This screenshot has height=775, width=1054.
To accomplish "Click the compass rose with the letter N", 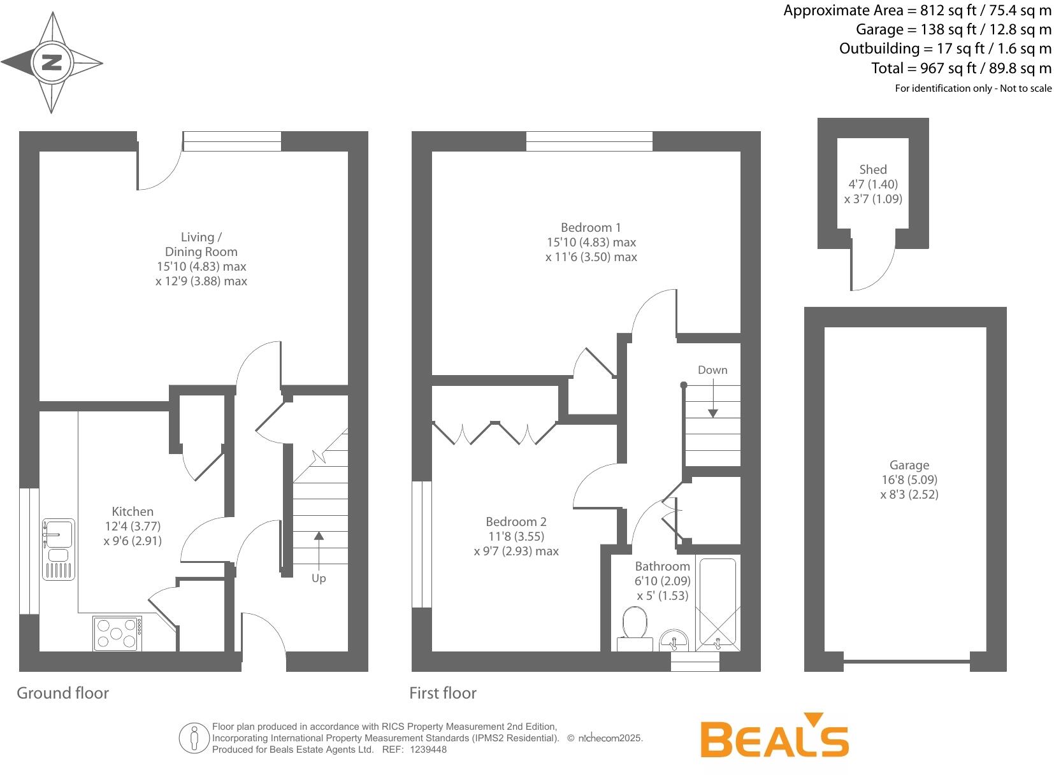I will click(52, 62).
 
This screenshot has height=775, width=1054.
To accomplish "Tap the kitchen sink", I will click(58, 549).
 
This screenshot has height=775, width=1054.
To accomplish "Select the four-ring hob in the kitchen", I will click(117, 633).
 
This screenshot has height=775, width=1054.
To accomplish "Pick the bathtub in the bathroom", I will click(718, 603).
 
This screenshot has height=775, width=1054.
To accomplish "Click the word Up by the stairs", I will click(319, 578).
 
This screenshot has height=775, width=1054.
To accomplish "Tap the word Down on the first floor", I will click(712, 370).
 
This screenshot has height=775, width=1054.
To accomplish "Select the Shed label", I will click(873, 169).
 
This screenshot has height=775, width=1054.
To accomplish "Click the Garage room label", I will click(909, 466).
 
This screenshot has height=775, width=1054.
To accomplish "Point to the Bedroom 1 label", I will click(591, 227).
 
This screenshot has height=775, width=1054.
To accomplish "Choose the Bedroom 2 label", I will click(516, 522).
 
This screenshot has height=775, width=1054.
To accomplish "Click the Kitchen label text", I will click(133, 511).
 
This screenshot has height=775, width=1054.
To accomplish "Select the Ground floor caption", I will click(63, 693).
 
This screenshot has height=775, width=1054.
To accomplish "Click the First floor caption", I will click(443, 693).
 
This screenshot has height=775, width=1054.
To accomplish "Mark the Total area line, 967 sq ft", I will click(962, 68).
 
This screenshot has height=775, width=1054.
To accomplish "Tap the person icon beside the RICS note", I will click(194, 737).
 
